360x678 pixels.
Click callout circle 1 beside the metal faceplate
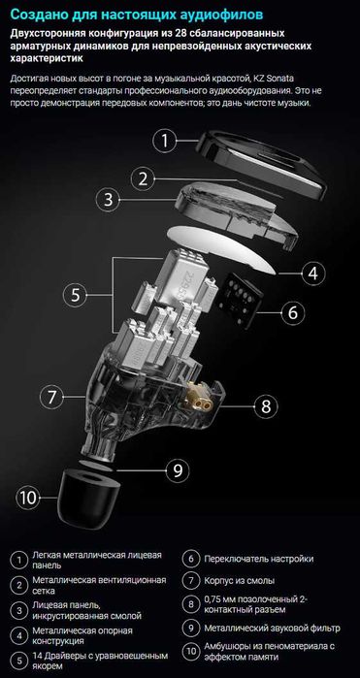[x=166, y=141]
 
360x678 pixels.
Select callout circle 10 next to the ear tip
[x=28, y=498]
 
